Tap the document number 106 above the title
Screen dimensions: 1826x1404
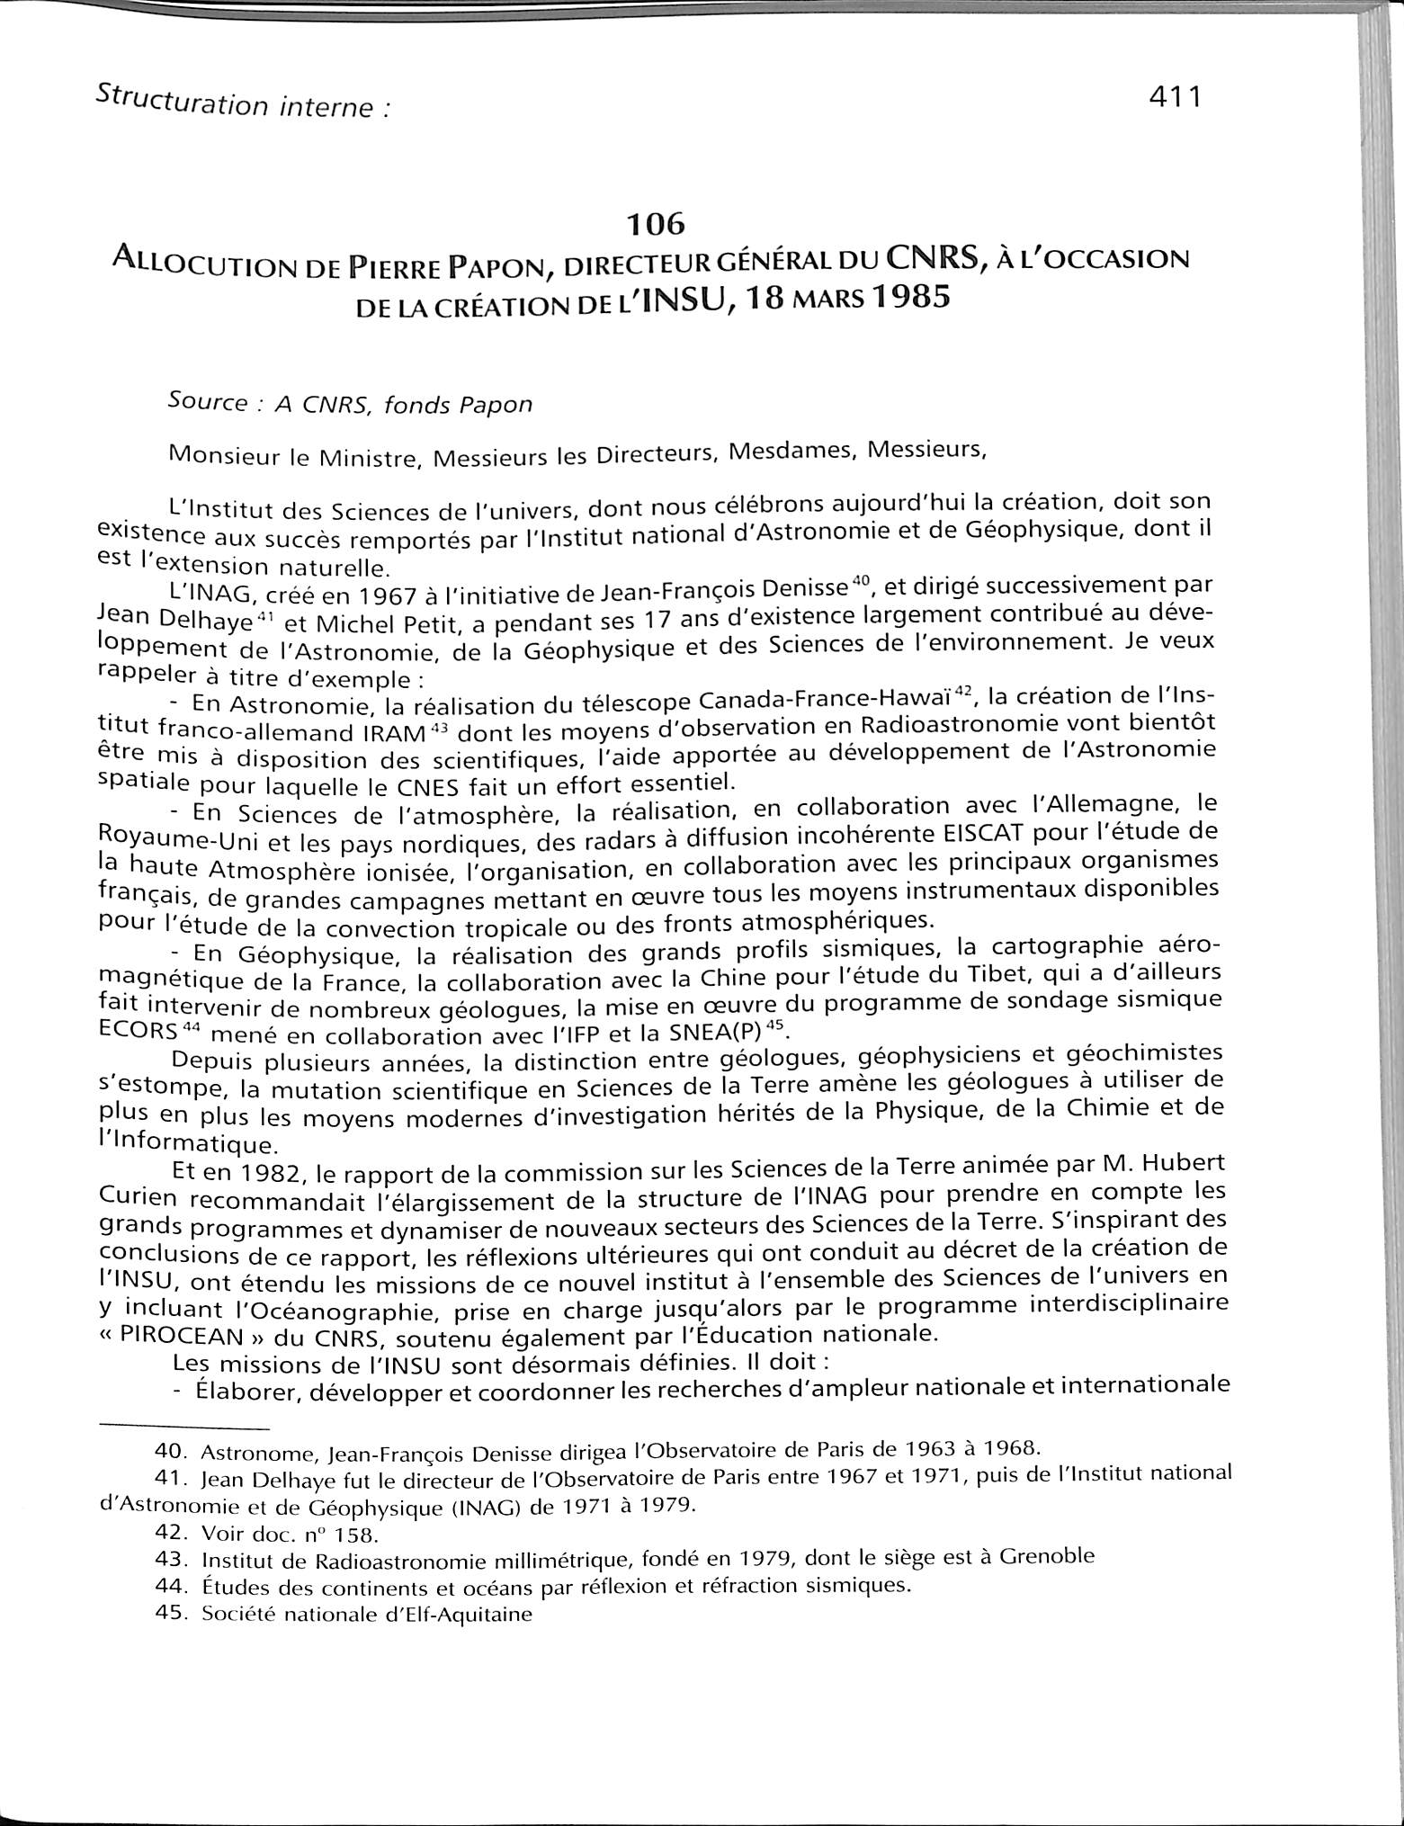point(657,222)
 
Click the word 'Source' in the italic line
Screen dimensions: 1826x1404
point(207,402)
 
